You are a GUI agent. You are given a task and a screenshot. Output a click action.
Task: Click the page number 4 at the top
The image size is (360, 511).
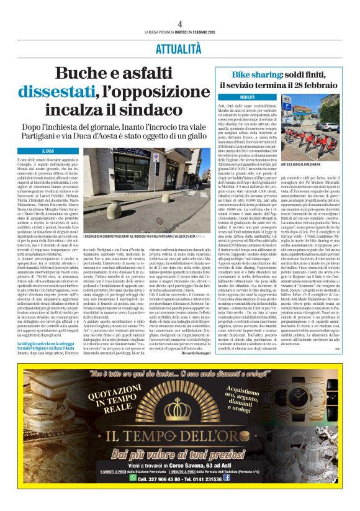pos(179,23)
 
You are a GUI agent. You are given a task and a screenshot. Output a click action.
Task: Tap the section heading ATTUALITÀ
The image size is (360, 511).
pos(179,48)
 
